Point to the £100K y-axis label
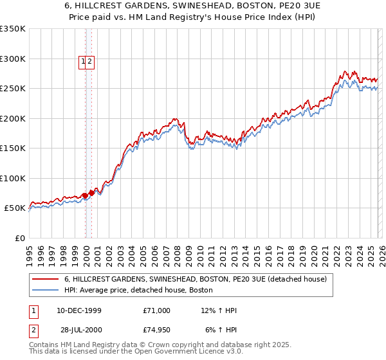(x=13, y=178)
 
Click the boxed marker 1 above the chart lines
(x=83, y=62)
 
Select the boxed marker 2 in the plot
(x=90, y=62)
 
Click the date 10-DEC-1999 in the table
(x=79, y=310)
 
